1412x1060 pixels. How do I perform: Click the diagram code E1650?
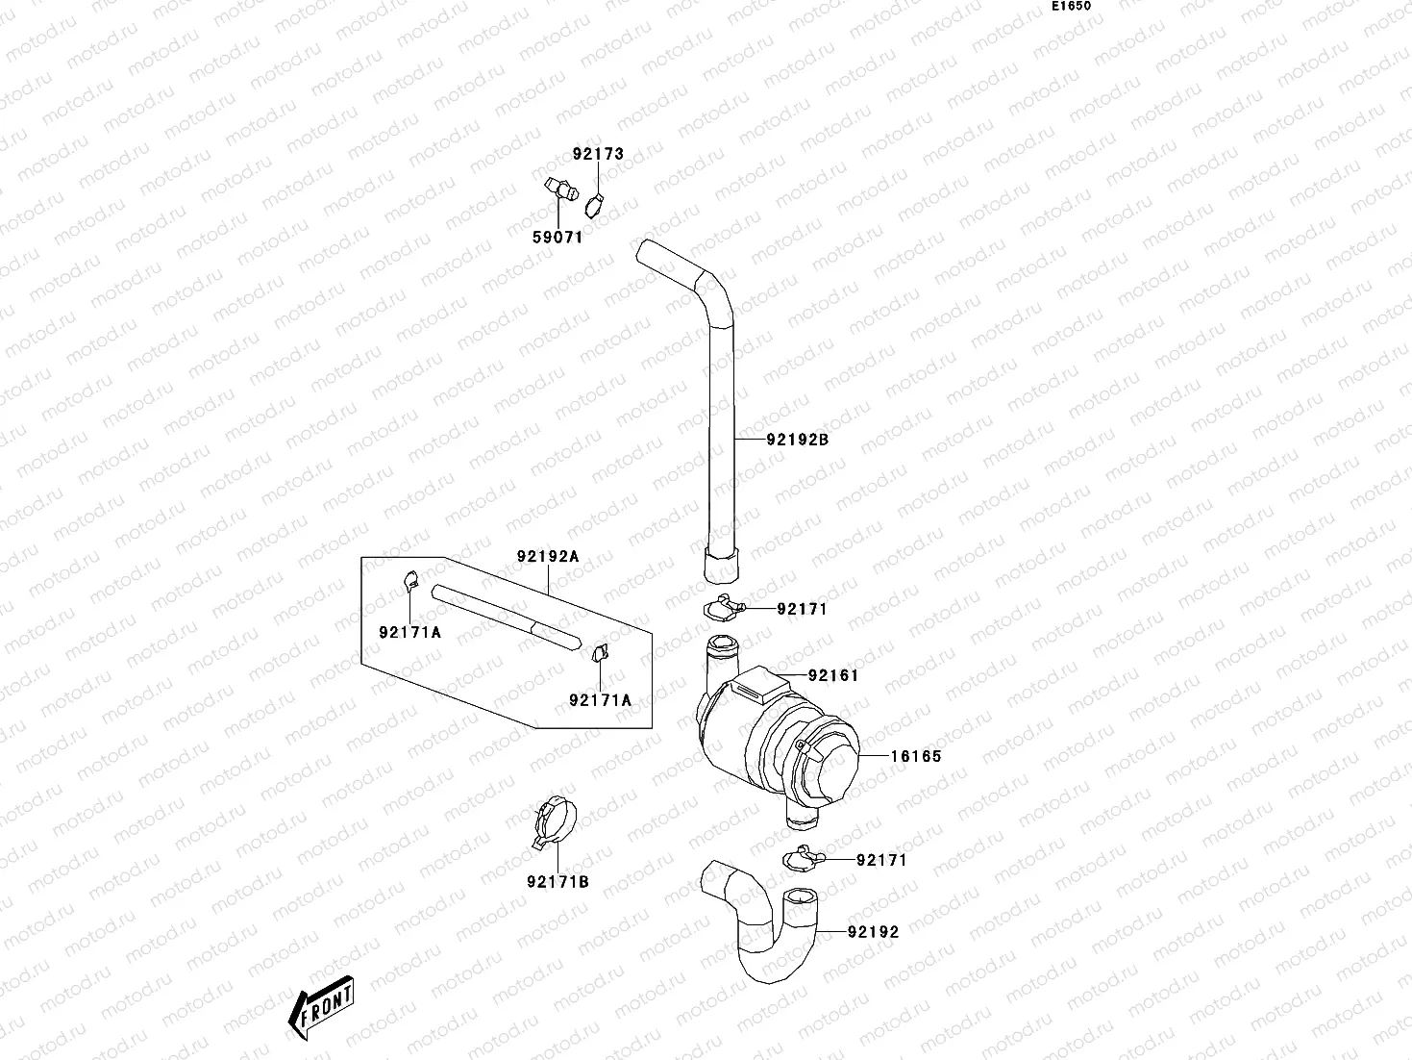(x=1071, y=6)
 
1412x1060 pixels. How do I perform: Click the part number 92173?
(x=598, y=154)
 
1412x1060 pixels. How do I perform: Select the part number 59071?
(x=557, y=238)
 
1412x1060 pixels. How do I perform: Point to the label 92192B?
(x=797, y=441)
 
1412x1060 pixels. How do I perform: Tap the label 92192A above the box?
(x=548, y=556)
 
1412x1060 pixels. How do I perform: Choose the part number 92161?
(x=832, y=675)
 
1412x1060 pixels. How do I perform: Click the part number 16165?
(x=915, y=756)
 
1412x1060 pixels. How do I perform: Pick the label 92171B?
(x=557, y=881)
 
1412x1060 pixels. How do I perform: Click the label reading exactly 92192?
(x=873, y=931)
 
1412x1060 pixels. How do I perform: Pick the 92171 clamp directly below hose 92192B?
(x=723, y=608)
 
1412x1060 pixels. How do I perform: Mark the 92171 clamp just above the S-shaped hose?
(x=801, y=857)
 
